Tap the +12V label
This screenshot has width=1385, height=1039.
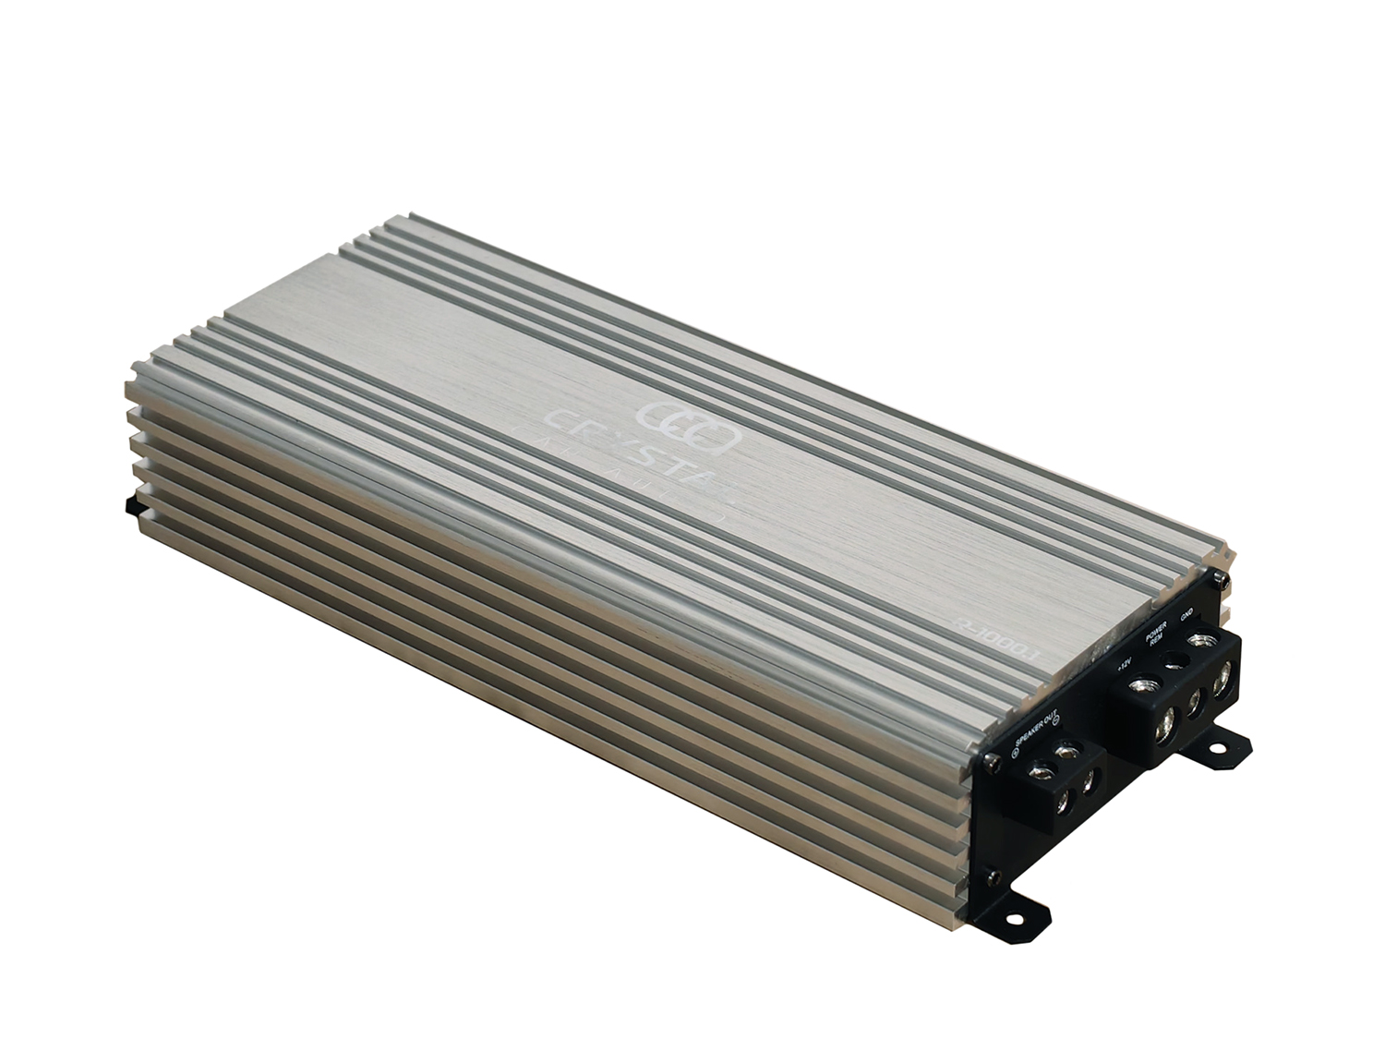click(1124, 663)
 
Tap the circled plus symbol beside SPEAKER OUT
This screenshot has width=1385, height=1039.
click(1015, 754)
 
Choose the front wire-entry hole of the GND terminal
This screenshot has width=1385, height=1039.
click(1223, 684)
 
